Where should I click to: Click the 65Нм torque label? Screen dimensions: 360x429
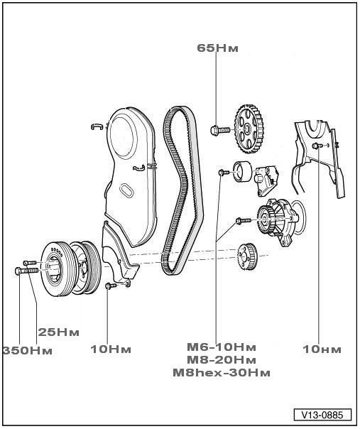(x=217, y=48)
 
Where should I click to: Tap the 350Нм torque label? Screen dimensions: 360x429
(x=27, y=350)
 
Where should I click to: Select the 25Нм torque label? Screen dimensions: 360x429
(x=58, y=332)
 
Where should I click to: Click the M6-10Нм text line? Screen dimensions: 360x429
(x=222, y=347)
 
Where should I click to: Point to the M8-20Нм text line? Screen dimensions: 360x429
(x=222, y=360)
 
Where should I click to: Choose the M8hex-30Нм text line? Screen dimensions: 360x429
(x=222, y=373)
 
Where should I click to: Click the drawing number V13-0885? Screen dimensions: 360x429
(x=322, y=415)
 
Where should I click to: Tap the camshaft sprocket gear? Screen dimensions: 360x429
(x=249, y=129)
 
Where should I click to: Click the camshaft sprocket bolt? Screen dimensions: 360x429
(x=220, y=129)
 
